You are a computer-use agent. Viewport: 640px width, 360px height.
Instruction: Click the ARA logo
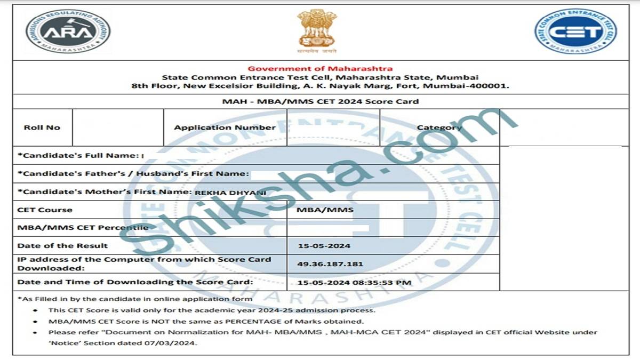point(68,31)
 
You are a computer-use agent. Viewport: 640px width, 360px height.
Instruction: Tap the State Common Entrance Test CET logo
point(575,31)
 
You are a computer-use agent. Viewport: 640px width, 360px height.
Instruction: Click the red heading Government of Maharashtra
point(320,68)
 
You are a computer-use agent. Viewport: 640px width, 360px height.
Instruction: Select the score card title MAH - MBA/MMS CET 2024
point(320,101)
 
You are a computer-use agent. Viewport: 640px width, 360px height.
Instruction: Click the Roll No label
point(42,127)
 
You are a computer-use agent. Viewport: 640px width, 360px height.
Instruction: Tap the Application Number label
point(225,127)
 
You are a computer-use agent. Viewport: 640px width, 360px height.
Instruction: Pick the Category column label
point(439,127)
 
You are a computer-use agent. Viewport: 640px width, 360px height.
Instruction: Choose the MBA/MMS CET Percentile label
point(83,228)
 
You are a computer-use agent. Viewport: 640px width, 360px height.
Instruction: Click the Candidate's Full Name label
point(78,155)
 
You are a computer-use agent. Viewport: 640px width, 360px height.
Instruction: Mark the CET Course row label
point(45,210)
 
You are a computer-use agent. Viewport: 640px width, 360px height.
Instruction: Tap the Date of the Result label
point(62,246)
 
